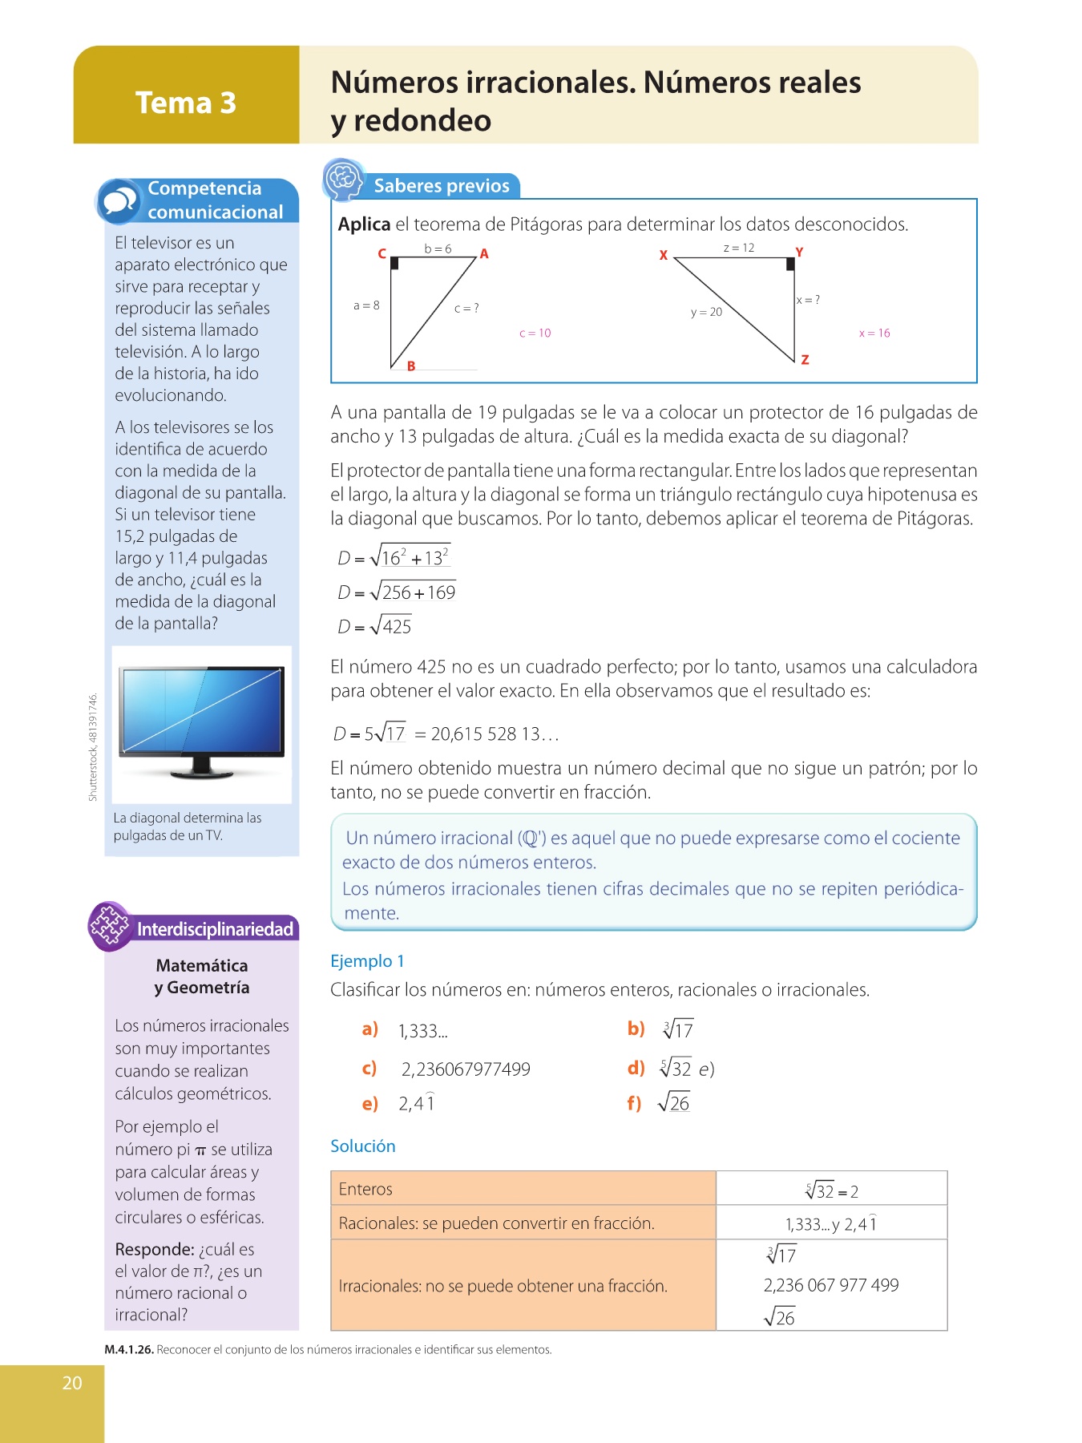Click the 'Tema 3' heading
186,103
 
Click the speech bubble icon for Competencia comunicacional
119,200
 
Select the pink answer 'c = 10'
535,333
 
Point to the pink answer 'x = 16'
874,333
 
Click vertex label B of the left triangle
411,366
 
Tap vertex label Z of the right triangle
805,360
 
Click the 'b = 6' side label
438,249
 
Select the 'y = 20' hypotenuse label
706,312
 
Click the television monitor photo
201,722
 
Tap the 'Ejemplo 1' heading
367,960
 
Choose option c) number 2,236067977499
466,1069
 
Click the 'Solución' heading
363,1146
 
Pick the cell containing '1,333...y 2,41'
831,1223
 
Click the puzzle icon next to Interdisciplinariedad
110,927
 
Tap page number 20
72,1382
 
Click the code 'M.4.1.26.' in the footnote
129,1349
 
